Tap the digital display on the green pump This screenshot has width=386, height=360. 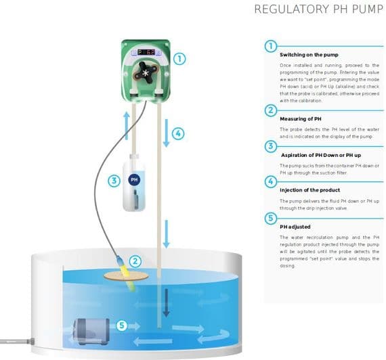click(146, 51)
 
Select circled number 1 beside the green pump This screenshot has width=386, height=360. click(179, 58)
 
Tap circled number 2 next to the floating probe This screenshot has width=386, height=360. click(136, 261)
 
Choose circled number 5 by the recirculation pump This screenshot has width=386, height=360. click(122, 325)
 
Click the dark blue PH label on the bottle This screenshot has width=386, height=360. click(133, 181)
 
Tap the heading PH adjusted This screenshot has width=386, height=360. click(295, 227)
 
